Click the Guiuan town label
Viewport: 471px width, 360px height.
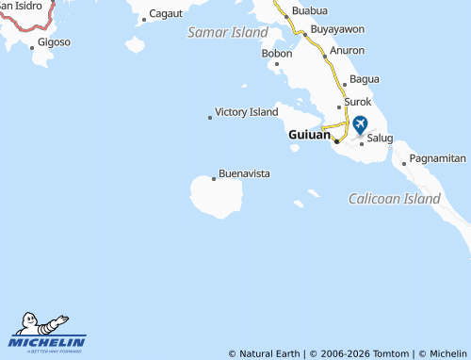point(309,135)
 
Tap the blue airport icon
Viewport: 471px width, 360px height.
point(360,123)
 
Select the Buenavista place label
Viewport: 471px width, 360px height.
point(245,174)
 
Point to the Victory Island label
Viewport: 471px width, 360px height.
point(247,112)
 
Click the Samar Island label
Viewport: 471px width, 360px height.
point(228,32)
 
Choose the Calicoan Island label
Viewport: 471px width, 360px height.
point(395,199)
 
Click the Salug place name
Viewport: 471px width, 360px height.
point(380,138)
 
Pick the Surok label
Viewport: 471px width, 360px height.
point(359,101)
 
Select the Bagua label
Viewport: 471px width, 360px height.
point(364,78)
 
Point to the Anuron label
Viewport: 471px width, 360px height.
point(348,51)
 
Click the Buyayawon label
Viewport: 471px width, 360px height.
point(337,29)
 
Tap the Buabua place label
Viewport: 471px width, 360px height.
point(310,10)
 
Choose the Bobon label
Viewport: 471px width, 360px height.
point(277,53)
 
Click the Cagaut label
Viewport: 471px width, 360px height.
point(167,14)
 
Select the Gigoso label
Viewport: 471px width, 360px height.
point(55,42)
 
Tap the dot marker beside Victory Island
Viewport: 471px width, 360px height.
point(209,118)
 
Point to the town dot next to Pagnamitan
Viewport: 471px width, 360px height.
point(405,163)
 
